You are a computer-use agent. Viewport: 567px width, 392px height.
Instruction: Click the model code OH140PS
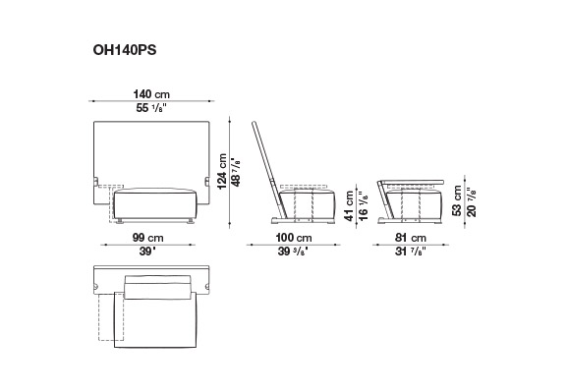click(125, 50)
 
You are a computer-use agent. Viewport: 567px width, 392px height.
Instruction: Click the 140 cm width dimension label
click(151, 94)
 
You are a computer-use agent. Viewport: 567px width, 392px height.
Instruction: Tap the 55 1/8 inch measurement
click(152, 108)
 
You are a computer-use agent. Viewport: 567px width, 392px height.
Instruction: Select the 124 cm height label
click(222, 171)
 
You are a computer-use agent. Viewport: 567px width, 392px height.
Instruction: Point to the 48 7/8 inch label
click(236, 172)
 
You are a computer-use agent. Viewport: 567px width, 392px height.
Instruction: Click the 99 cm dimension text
click(148, 238)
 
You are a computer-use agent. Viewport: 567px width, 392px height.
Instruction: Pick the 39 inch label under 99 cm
click(146, 252)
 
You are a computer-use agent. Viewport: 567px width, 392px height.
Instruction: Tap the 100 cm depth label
click(294, 238)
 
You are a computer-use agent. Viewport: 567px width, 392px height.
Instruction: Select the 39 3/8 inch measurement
click(293, 252)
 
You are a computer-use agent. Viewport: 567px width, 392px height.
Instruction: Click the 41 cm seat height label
click(349, 205)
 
